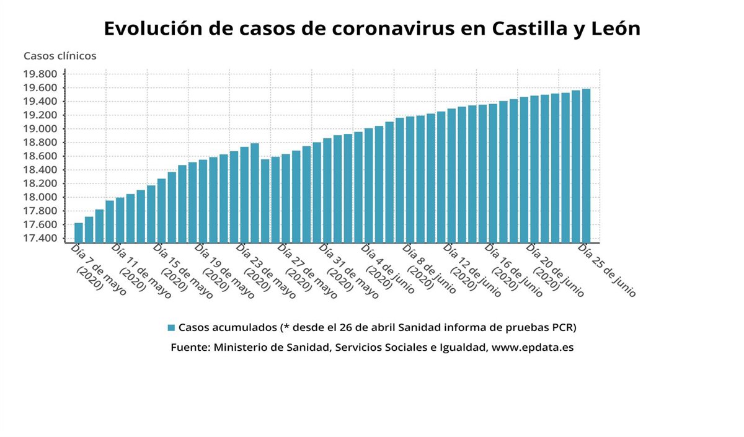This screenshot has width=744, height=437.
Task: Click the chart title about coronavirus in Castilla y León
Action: (x=371, y=29)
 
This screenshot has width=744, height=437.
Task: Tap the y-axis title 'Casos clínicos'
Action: (x=60, y=56)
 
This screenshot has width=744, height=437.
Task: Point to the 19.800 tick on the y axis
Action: (x=40, y=74)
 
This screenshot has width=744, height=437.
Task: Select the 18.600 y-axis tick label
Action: (x=40, y=156)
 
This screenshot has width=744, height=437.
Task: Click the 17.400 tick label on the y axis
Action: (x=40, y=238)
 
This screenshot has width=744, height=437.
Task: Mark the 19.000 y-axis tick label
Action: (x=40, y=129)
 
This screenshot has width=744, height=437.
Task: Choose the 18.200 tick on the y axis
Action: (x=40, y=183)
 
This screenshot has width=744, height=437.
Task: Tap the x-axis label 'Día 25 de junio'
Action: (x=606, y=271)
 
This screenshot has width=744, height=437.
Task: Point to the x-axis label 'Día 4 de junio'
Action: (x=388, y=269)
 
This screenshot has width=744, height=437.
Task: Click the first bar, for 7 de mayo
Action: (x=79, y=232)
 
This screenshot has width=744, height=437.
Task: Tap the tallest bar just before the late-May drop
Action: (x=255, y=193)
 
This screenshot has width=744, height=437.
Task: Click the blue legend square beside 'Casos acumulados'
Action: (x=171, y=327)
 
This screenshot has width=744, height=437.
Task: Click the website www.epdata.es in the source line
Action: (x=532, y=348)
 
